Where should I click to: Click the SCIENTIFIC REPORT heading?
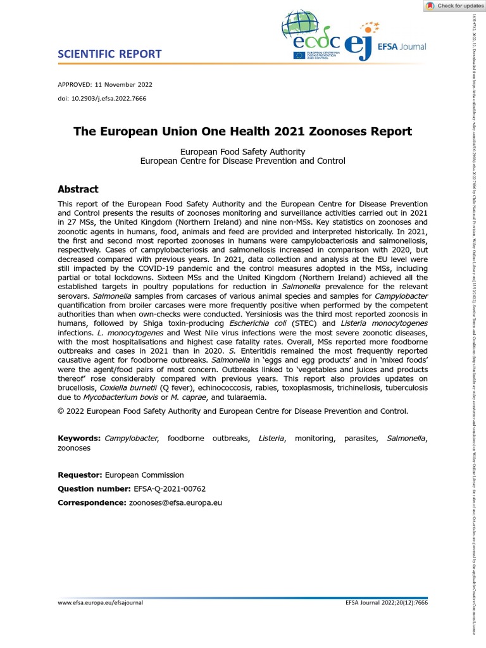pyautogui.click(x=109, y=54)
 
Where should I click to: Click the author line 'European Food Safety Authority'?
pyautogui.click(x=243, y=152)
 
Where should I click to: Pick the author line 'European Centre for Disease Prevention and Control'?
pyautogui.click(x=243, y=161)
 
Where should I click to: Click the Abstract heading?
pyautogui.click(x=78, y=189)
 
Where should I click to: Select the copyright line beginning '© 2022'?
pyautogui.click(x=233, y=411)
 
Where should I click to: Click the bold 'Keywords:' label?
pyautogui.click(x=79, y=439)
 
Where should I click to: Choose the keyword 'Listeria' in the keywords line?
pyautogui.click(x=271, y=439)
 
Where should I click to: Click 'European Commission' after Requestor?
pyautogui.click(x=144, y=475)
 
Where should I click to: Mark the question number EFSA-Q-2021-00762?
pyautogui.click(x=170, y=489)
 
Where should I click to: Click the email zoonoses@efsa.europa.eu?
pyautogui.click(x=175, y=503)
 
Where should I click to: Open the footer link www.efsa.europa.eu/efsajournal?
pyautogui.click(x=101, y=603)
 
